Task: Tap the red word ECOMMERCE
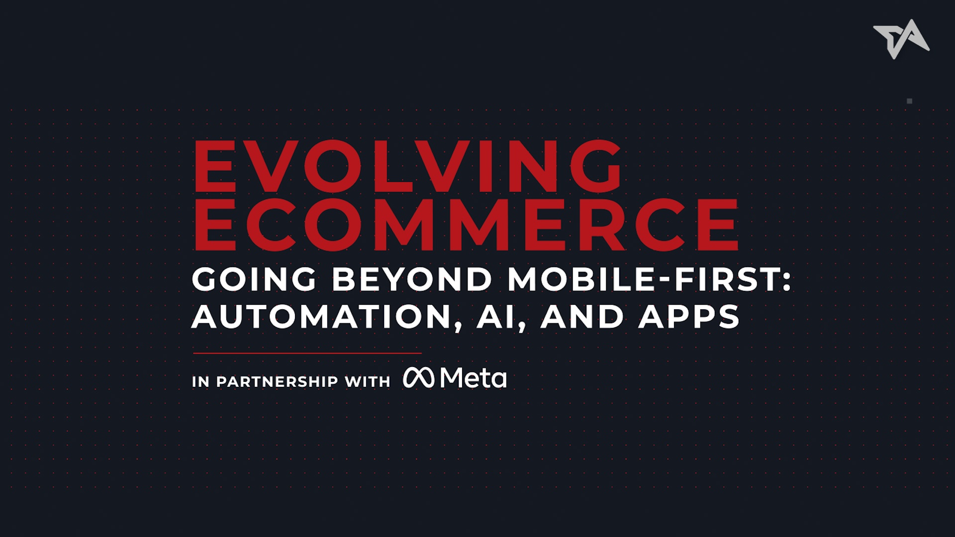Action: click(x=466, y=224)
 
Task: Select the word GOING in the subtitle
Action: click(x=254, y=279)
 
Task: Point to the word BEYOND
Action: click(x=412, y=279)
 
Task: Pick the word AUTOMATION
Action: click(x=327, y=317)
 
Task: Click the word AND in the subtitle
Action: click(x=582, y=317)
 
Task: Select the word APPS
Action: click(x=689, y=317)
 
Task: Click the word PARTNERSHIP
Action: click(x=277, y=382)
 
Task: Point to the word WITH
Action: click(x=368, y=382)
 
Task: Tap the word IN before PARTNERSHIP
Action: click(x=200, y=382)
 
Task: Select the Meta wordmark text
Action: click(x=474, y=378)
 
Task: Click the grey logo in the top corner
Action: click(x=901, y=39)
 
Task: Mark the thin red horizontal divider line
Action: click(x=307, y=353)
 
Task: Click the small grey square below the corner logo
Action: click(x=910, y=101)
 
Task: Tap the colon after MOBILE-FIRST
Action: click(x=786, y=280)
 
